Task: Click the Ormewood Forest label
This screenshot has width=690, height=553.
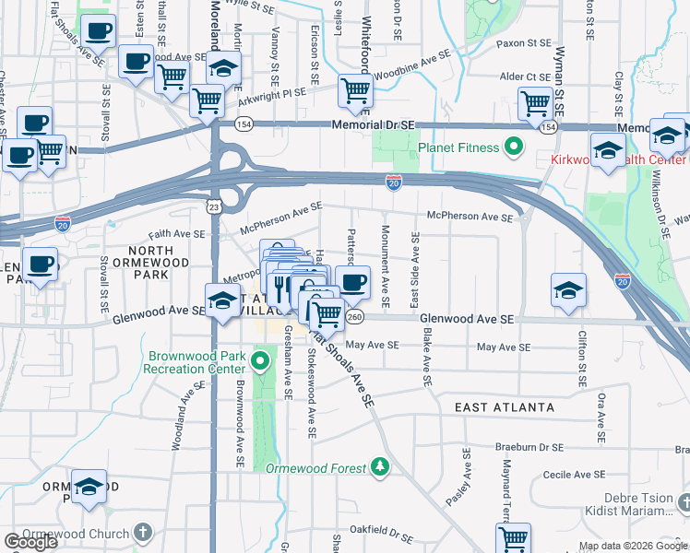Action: (x=316, y=468)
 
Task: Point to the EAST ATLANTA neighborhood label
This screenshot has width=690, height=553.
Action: (x=505, y=406)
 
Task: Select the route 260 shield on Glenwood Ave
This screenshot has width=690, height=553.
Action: (x=356, y=318)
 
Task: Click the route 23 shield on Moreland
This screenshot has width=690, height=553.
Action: (x=213, y=208)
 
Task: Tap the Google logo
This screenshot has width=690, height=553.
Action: (x=30, y=541)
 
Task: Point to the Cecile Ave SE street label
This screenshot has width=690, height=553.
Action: (x=574, y=474)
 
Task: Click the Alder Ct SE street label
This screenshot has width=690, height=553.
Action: (x=524, y=76)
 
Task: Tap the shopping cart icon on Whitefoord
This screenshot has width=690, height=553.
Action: (x=355, y=89)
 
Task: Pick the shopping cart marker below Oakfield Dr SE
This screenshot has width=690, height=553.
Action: (x=513, y=538)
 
